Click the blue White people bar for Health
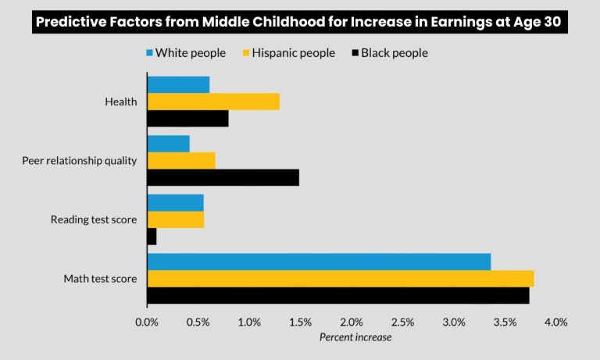coord(178,84)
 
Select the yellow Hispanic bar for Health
coord(213,102)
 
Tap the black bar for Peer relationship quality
coord(223,177)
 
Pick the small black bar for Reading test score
coord(152,237)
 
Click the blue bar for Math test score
coord(319,261)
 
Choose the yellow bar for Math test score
coord(340,278)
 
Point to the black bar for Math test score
coord(337,295)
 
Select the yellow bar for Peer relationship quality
coord(181,160)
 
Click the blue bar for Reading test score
coord(175,202)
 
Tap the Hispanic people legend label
coord(293,53)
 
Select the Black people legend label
coord(394,53)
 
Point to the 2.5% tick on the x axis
coord(403,322)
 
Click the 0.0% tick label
coord(147,322)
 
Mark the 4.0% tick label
coord(556,322)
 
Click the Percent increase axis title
coord(355,337)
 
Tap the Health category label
coord(120,102)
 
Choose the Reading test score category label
coord(94,219)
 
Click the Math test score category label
coord(100,279)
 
